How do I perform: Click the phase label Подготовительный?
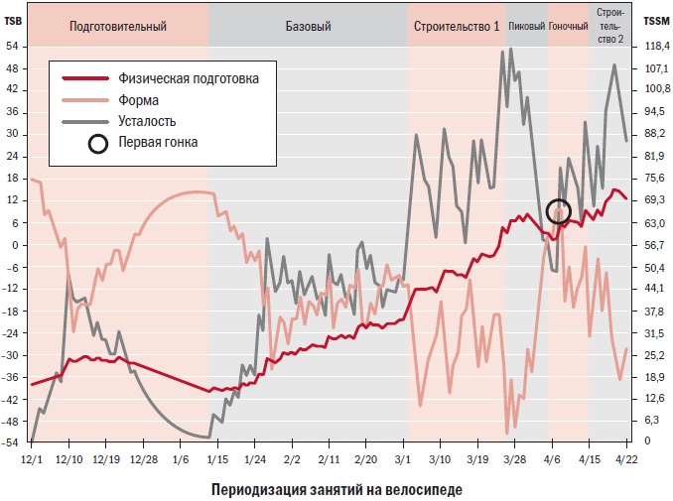pos(117,26)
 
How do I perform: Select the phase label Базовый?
pos(308,26)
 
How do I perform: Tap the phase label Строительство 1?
pos(457,26)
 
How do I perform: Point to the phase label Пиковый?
pos(526,26)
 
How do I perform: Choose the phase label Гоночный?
pos(569,26)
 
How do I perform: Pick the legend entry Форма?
pos(140,99)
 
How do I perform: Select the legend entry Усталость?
pos(147,121)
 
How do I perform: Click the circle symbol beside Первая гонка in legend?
pos(97,143)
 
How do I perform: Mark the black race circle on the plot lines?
pos(559,210)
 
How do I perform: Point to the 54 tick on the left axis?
pos(14,46)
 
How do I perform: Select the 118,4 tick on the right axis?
pos(655,46)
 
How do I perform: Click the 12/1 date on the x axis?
pos(32,460)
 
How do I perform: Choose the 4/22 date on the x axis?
pos(626,460)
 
